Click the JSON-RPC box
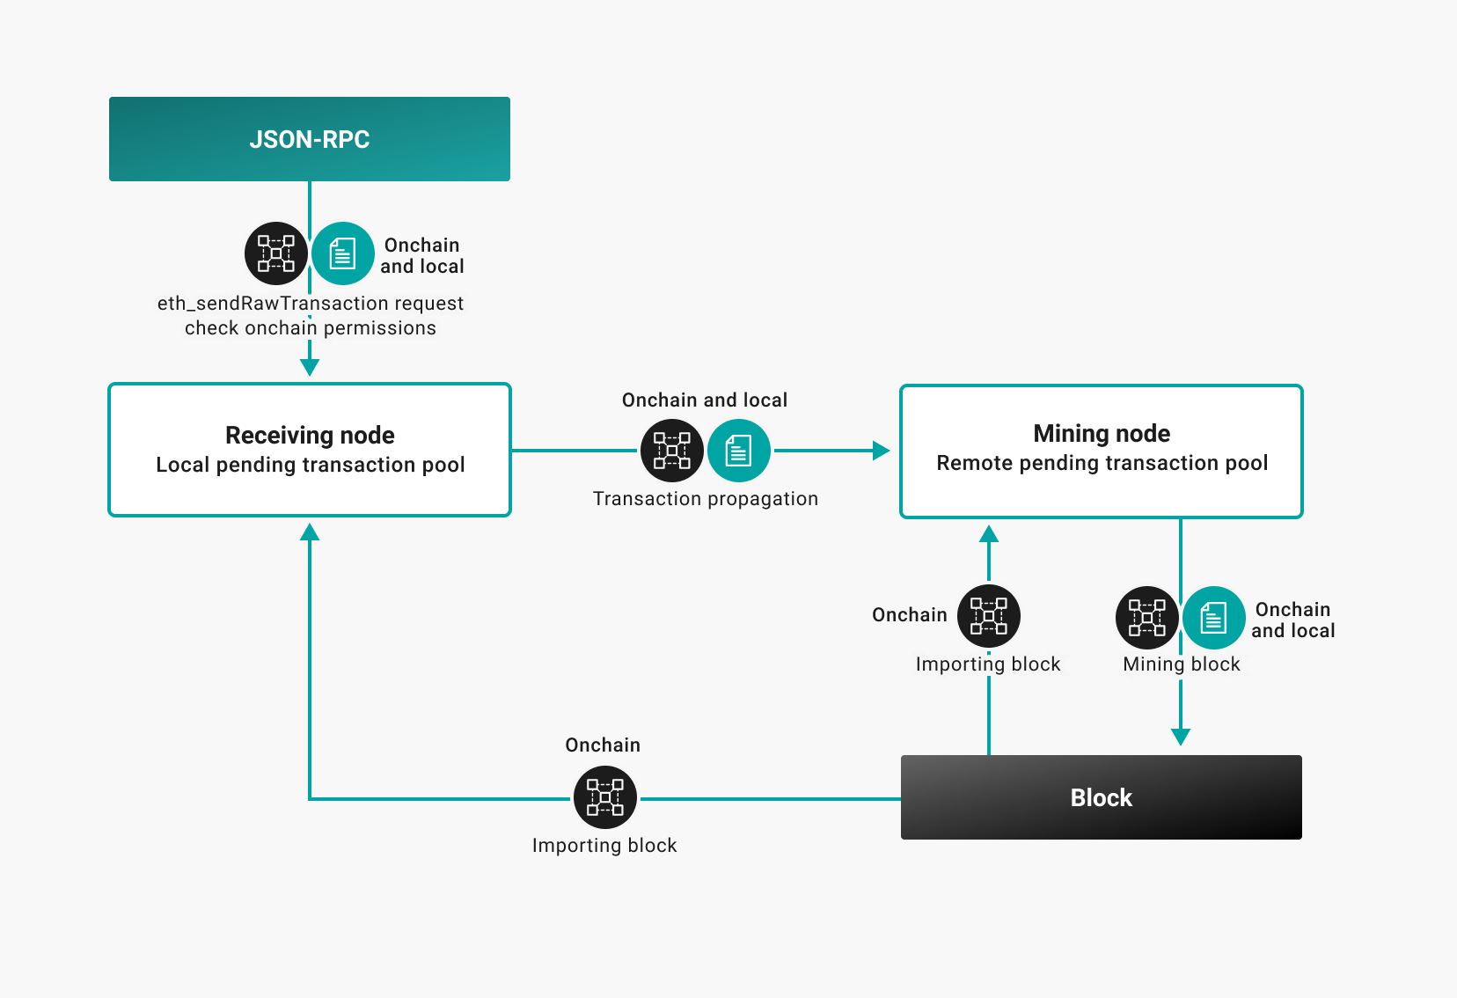[x=309, y=139]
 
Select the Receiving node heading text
[x=310, y=435]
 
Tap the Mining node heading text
[x=1102, y=433]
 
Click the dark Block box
[x=1101, y=797]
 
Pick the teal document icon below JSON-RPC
[x=343, y=253]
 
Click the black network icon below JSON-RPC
[x=276, y=253]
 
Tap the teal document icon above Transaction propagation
[x=739, y=451]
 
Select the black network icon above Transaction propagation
[x=672, y=451]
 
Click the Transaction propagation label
[x=706, y=499]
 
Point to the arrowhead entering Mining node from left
[x=881, y=451]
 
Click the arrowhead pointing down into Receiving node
[x=310, y=367]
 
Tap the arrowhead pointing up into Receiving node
[x=310, y=532]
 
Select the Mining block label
[x=1182, y=664]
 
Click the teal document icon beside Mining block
[x=1214, y=618]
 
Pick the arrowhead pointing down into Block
[x=1181, y=737]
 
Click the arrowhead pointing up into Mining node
[x=989, y=533]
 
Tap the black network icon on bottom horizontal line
[x=605, y=797]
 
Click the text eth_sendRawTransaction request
[x=310, y=304]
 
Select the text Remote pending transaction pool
[x=1102, y=463]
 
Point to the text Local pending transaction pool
[x=310, y=465]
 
